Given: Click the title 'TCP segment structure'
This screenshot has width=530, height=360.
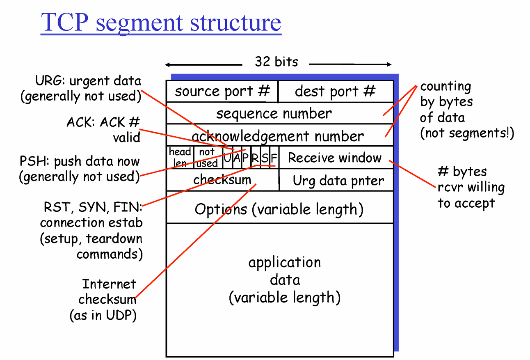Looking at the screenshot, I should [x=161, y=22].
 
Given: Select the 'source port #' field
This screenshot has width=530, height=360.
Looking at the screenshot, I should [x=222, y=91].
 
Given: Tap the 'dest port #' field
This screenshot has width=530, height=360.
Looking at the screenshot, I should [x=335, y=91].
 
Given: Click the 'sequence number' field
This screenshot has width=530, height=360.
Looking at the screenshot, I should [x=274, y=113].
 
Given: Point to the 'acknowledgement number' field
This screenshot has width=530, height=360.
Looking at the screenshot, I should [x=278, y=136].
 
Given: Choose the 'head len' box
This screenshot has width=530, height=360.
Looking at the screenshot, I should [x=180, y=157].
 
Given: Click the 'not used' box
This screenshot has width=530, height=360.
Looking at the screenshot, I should [x=207, y=157].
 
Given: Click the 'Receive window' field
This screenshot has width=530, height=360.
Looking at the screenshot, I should [x=335, y=158].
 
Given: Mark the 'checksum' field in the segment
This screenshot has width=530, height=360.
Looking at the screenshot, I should [x=222, y=180].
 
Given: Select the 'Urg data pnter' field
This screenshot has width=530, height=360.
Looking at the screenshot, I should [x=338, y=181].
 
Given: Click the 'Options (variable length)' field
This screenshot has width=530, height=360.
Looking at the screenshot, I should [x=279, y=209].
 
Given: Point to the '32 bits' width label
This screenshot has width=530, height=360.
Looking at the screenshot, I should [x=276, y=62].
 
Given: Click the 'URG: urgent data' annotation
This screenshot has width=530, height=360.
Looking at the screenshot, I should [x=88, y=81].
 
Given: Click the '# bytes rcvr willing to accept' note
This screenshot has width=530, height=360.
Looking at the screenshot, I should [x=471, y=187].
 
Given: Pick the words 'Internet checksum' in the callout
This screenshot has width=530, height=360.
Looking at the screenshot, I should [x=108, y=291].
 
